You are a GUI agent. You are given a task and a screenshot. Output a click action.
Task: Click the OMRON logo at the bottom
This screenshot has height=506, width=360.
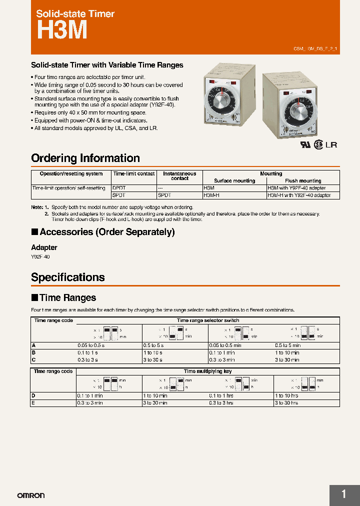pos(31,495)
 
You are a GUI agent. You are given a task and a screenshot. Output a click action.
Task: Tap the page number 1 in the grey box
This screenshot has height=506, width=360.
pos(343,494)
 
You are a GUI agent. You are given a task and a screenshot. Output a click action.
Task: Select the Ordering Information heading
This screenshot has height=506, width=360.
pos(85,158)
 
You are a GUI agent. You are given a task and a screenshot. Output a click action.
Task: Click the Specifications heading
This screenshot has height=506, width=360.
pos(68,277)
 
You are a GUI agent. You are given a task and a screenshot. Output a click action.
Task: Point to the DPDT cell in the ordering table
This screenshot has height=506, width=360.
pos(119,188)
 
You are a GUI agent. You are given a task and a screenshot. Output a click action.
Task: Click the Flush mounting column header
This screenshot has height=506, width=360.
pos(303,181)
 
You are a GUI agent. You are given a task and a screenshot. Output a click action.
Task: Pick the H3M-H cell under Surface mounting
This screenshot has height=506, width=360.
pos(211,195)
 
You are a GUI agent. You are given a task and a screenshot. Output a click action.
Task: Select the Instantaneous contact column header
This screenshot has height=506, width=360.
pos(179,176)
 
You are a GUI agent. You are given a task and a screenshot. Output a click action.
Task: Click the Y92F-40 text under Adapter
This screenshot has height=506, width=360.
pos(40,256)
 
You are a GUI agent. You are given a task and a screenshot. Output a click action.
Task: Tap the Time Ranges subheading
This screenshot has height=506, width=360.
pos(67,298)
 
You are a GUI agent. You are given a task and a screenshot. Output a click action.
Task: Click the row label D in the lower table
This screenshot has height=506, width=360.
pos(33,395)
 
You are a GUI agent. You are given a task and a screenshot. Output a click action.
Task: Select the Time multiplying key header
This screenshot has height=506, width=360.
pos(207,371)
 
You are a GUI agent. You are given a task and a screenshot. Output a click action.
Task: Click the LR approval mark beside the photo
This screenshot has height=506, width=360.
pos(331,145)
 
